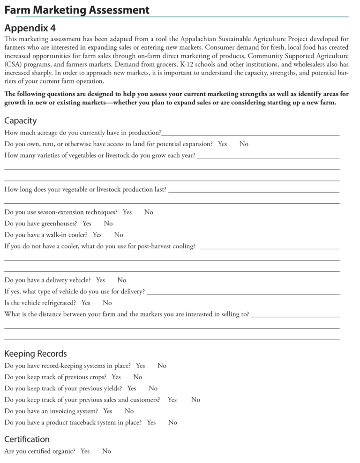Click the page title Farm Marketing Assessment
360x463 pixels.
point(77,9)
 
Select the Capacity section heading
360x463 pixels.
point(20,121)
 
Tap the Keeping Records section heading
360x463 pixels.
point(36,353)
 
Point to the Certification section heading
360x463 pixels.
point(27,439)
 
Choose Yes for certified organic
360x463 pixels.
point(85,451)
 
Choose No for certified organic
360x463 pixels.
point(106,451)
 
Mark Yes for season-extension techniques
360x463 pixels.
point(127,212)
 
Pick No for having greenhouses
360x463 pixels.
point(108,224)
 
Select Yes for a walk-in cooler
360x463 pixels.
point(97,235)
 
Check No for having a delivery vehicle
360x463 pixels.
point(122,280)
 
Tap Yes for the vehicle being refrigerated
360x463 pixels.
point(86,303)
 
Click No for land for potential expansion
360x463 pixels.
point(244,144)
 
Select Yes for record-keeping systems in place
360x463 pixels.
point(140,366)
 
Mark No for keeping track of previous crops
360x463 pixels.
point(138,377)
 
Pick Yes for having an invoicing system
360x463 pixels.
point(108,411)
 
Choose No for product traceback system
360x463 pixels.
point(172,422)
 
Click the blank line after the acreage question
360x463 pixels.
point(250,134)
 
